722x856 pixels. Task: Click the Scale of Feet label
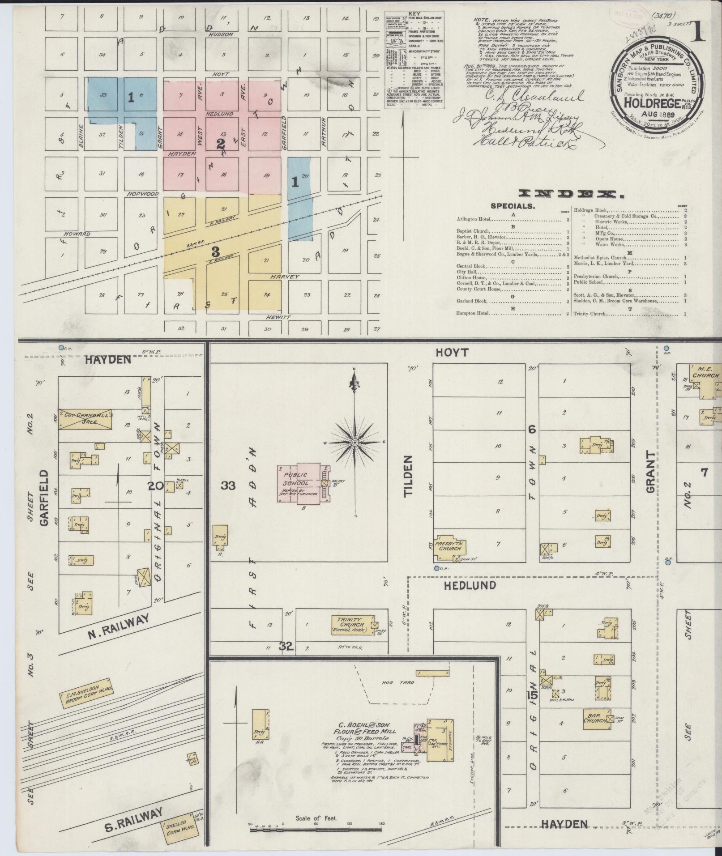(x=316, y=818)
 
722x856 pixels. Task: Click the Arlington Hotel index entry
(x=474, y=219)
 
